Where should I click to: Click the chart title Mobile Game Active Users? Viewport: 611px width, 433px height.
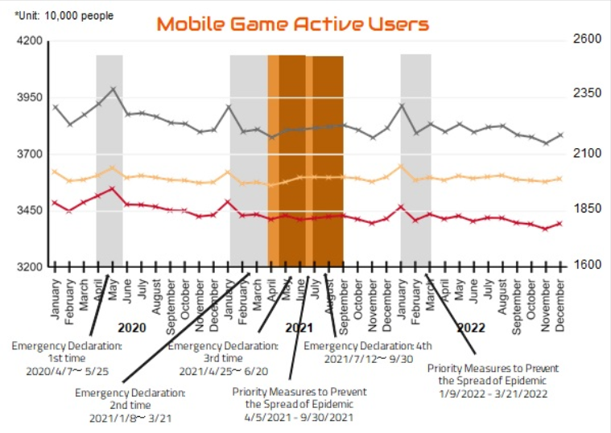(x=292, y=23)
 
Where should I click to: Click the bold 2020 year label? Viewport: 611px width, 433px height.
(x=130, y=328)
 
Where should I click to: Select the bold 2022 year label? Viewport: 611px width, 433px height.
(x=470, y=328)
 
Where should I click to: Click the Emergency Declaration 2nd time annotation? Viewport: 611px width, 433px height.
(x=130, y=405)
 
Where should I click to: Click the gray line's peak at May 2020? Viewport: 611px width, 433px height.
(x=113, y=89)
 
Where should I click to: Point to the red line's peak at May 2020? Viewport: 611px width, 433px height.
(x=113, y=188)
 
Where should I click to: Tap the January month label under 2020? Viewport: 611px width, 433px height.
(x=55, y=297)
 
